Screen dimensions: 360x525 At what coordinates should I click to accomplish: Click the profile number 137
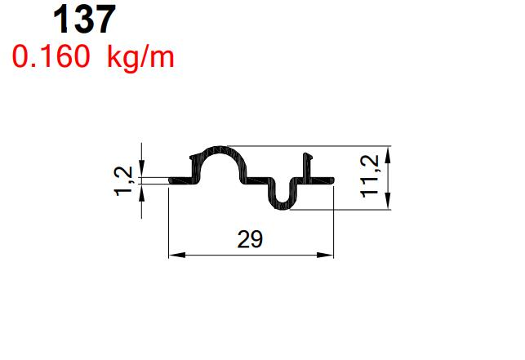pyautogui.click(x=84, y=20)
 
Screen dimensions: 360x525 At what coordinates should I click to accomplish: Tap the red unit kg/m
pyautogui.click(x=140, y=58)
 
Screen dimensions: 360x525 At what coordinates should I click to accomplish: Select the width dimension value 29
pyautogui.click(x=250, y=239)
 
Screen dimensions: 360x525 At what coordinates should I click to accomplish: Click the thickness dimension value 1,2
pyautogui.click(x=123, y=180)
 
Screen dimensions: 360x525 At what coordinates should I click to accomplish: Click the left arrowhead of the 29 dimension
pyautogui.click(x=173, y=256)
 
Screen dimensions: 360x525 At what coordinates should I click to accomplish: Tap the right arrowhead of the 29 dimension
pyautogui.click(x=328, y=256)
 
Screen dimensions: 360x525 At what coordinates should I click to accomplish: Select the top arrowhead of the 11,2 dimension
pyautogui.click(x=386, y=152)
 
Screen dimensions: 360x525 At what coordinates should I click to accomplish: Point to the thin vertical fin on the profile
pyautogui.click(x=309, y=163)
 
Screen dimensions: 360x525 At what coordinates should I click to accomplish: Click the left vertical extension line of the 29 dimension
pyautogui.click(x=168, y=220)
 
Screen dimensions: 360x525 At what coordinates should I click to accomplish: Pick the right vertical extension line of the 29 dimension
pyautogui.click(x=334, y=220)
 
